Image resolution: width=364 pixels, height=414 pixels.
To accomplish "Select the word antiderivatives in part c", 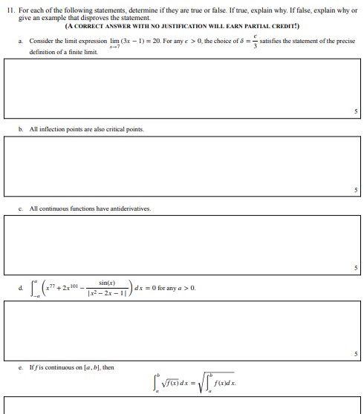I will pyautogui.click(x=132, y=208).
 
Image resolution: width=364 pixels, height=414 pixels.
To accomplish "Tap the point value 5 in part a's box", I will pyautogui.click(x=356, y=111).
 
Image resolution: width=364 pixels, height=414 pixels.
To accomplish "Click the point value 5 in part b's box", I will pyautogui.click(x=356, y=189).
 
